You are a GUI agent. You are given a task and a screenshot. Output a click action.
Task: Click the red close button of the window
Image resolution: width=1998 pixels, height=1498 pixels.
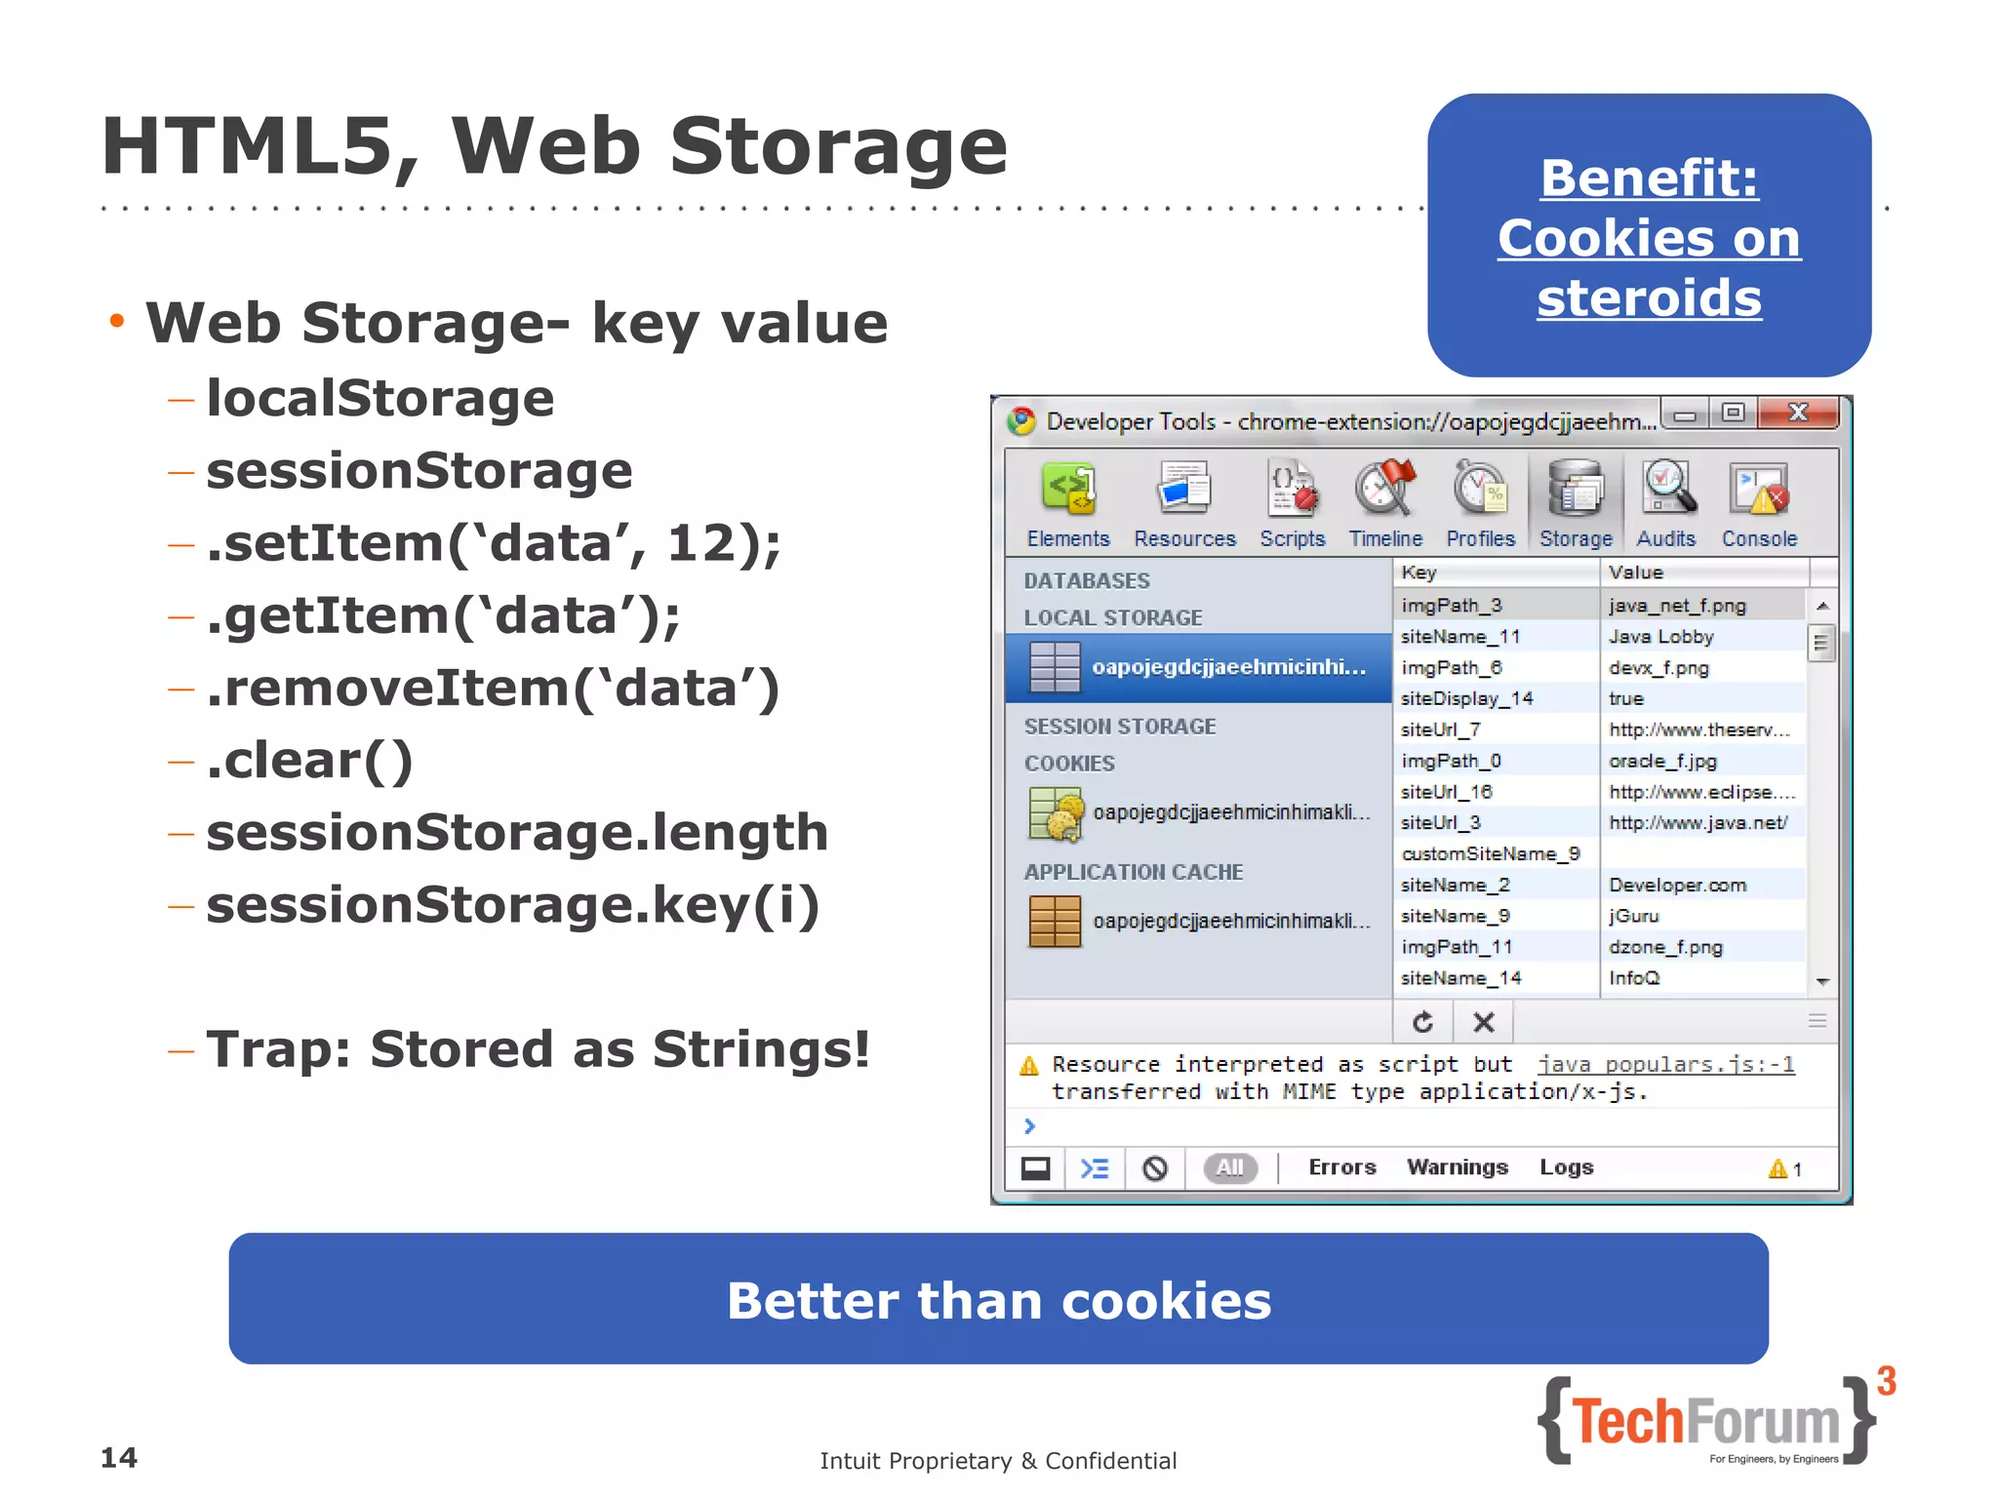click(1798, 413)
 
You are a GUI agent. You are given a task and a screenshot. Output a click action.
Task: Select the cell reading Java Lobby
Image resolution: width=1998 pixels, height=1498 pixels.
click(1660, 637)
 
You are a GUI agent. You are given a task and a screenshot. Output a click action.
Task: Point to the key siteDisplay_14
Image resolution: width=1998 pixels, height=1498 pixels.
click(1466, 699)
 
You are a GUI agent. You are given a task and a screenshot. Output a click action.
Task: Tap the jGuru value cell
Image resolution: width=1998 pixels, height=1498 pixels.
click(1634, 917)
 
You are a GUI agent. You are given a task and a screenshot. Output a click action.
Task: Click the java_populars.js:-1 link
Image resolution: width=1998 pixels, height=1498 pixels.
click(1666, 1065)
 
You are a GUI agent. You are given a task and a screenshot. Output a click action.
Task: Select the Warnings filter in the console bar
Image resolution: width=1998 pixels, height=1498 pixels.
click(1457, 1167)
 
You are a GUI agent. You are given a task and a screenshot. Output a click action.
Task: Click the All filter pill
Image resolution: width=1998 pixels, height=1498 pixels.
click(1230, 1167)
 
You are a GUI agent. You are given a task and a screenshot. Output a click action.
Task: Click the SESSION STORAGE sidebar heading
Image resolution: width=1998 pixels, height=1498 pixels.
click(1120, 727)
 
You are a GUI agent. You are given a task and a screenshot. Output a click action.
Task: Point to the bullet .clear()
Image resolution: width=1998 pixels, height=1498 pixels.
click(309, 761)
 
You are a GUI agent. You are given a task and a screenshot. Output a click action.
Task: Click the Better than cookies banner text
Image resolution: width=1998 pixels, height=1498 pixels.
click(998, 1300)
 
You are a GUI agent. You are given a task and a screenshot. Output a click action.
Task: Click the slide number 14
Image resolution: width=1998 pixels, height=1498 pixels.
click(119, 1458)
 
